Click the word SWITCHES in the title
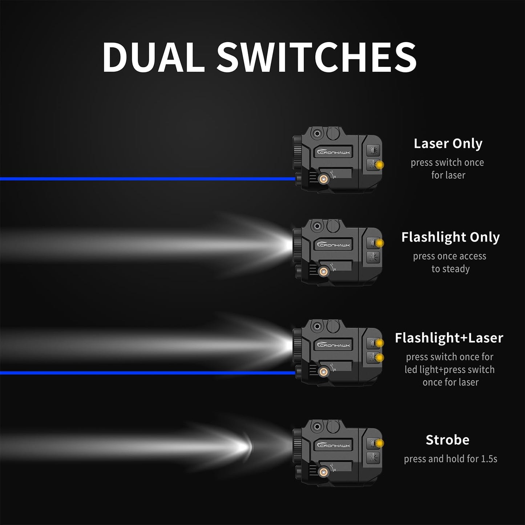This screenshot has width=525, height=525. pos(316,57)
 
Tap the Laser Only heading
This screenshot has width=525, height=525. pos(448,144)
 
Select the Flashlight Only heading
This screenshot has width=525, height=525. pos(451,237)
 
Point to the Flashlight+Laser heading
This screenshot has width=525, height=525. pos(449,338)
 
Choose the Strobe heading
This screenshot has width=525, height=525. pos(448,440)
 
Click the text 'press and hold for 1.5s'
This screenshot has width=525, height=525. pos(451,459)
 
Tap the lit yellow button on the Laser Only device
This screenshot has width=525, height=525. pos(380,165)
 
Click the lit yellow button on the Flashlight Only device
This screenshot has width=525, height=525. pos(380,242)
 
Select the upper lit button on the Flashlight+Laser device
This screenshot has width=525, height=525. pos(380,343)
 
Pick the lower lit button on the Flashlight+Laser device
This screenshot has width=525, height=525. pos(380,358)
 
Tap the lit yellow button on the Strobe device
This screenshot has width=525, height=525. pos(380,443)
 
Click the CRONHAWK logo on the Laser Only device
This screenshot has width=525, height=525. pos(334,152)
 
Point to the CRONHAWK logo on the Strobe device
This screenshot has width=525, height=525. pos(334,445)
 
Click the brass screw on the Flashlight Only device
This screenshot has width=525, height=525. pos(322,271)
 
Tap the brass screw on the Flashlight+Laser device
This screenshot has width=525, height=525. pos(322,371)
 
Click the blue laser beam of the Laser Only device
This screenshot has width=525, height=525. pos(145,179)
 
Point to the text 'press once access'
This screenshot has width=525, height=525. pos(449,256)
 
